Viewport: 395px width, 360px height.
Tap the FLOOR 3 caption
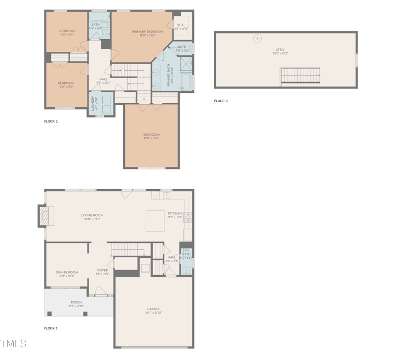[221, 101]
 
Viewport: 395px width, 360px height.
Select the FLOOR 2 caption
[51, 121]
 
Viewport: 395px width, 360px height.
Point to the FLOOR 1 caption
[51, 328]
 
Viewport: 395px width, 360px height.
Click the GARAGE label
[153, 309]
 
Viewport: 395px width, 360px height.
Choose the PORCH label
[76, 302]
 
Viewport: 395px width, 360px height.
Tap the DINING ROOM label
[67, 272]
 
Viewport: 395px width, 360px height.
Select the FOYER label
[102, 270]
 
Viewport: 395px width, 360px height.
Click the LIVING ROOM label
[92, 215]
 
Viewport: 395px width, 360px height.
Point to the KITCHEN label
[175, 214]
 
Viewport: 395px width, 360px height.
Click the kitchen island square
[156, 220]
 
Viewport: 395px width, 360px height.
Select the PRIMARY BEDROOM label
[147, 32]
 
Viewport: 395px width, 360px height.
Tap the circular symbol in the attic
[257, 39]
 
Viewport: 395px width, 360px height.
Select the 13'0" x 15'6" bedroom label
[151, 135]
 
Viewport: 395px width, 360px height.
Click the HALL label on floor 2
[103, 79]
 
